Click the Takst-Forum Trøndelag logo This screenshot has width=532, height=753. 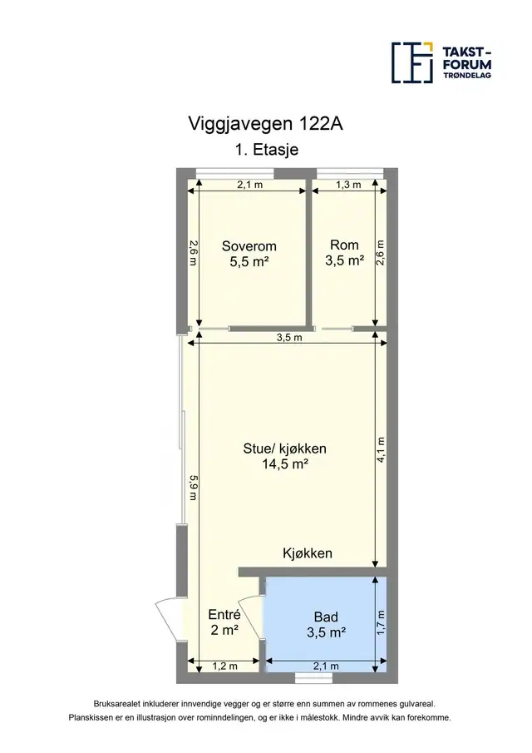(x=441, y=62)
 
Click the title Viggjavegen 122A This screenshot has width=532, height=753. (x=265, y=124)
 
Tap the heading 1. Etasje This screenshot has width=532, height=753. (x=267, y=149)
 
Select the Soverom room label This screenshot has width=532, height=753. (x=249, y=254)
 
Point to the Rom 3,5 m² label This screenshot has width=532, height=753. (x=344, y=253)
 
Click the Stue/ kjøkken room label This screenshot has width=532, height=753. (x=284, y=456)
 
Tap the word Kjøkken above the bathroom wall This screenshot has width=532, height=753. (x=308, y=553)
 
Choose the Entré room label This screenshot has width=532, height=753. (x=224, y=622)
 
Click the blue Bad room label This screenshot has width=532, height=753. (x=326, y=625)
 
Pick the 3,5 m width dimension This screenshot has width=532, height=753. (x=289, y=338)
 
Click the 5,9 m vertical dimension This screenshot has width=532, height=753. (x=193, y=488)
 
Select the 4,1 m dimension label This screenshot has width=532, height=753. (x=381, y=449)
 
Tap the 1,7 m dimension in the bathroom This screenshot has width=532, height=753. (x=381, y=622)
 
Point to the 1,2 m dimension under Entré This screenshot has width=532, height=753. (x=225, y=666)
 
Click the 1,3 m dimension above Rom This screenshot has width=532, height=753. (x=348, y=185)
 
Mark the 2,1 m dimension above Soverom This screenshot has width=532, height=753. (x=250, y=185)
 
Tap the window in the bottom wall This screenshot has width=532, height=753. (x=313, y=677)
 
